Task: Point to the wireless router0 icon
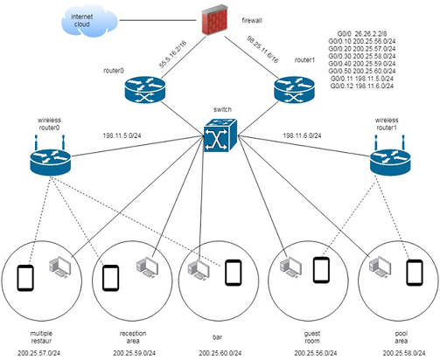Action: pos(42,160)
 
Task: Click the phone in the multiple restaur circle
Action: pos(25,278)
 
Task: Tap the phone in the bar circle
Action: pos(233,273)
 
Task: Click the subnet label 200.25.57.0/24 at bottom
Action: pos(39,352)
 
